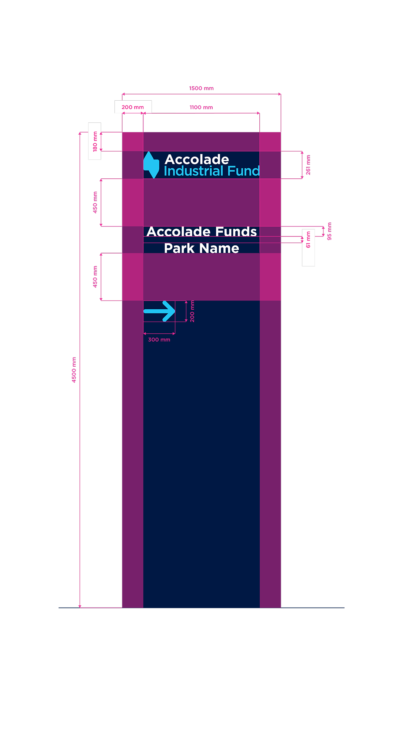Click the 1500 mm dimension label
point(201,88)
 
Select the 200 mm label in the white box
point(133,107)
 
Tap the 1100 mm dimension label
point(201,108)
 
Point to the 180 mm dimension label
point(95,141)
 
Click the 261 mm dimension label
point(308,165)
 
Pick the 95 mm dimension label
point(329,231)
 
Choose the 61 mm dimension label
point(308,240)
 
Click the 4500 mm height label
point(74,370)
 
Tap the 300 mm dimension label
point(159,340)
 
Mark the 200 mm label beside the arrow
point(192,312)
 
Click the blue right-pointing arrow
point(159,311)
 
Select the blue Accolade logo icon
point(151,165)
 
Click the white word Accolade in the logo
point(197,159)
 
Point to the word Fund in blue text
point(243,171)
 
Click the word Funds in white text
point(236,232)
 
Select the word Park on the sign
point(179,248)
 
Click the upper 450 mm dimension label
point(95,202)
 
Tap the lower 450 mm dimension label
point(95,277)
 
